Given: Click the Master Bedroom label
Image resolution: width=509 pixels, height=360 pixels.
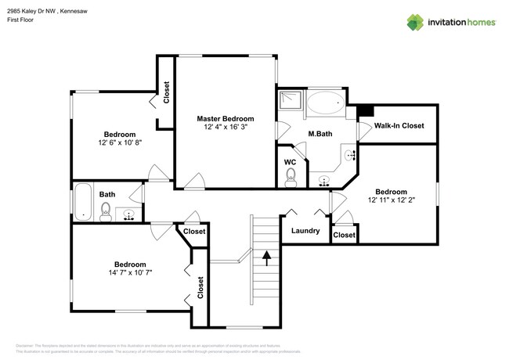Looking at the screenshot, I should pyautogui.click(x=226, y=118).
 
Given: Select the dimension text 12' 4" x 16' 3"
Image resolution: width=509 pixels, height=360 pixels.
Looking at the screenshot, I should pyautogui.click(x=226, y=127).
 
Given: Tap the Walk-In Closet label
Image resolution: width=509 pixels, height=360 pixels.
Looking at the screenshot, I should pyautogui.click(x=399, y=125).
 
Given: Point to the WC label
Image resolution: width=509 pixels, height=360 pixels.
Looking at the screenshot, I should pyautogui.click(x=290, y=162).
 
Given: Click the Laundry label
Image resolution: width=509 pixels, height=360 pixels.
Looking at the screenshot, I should pyautogui.click(x=305, y=231).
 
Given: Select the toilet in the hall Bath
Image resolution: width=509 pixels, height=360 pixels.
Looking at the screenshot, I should pyautogui.click(x=105, y=210).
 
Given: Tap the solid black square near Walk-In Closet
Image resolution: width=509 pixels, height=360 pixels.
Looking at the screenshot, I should pyautogui.click(x=365, y=111).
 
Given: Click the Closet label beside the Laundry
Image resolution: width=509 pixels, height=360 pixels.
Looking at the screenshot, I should pyautogui.click(x=344, y=236).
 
